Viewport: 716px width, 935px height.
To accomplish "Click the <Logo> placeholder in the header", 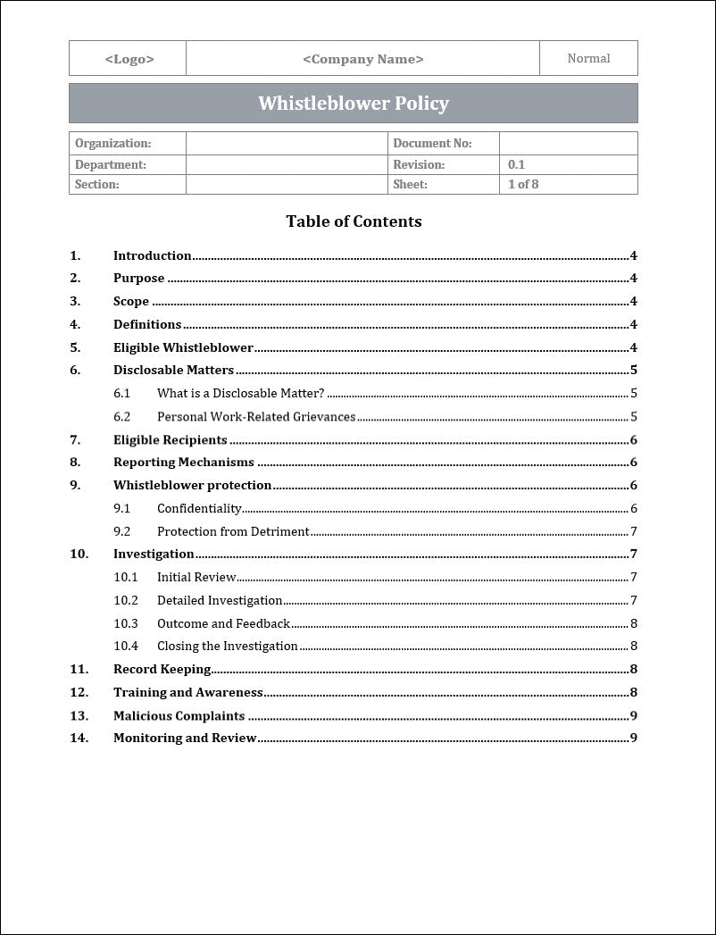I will (x=129, y=59).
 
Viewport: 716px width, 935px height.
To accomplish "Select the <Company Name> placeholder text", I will (x=362, y=59).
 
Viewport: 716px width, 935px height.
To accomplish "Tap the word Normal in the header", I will (x=588, y=59).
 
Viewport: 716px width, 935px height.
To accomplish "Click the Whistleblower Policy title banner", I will (x=354, y=104).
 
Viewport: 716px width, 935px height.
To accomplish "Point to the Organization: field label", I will (x=112, y=143).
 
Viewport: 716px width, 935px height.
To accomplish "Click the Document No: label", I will (x=432, y=143).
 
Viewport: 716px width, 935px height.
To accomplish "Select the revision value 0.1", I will (x=516, y=164).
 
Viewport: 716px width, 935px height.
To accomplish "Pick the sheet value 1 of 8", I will (x=523, y=185).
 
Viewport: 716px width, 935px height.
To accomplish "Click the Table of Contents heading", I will (x=354, y=221).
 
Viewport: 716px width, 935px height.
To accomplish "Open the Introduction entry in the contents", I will (x=152, y=255).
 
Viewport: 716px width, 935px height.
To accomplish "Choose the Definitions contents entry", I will (x=147, y=324).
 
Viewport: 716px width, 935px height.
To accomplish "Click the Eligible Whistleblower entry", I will (x=183, y=347).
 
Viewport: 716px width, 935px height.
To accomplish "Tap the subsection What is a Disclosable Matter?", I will (x=240, y=393).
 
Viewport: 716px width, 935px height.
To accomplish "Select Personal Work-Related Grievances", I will (x=256, y=416).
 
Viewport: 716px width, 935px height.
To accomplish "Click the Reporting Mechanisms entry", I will (x=183, y=463).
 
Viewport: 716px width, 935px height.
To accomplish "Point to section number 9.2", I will (x=121, y=531).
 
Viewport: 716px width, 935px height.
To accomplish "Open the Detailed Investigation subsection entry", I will (x=220, y=600).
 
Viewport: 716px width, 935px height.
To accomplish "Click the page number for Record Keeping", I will (x=633, y=669).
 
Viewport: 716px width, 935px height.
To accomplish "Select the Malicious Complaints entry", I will (x=179, y=715).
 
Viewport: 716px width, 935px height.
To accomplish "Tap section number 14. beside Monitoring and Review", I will (x=79, y=738).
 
